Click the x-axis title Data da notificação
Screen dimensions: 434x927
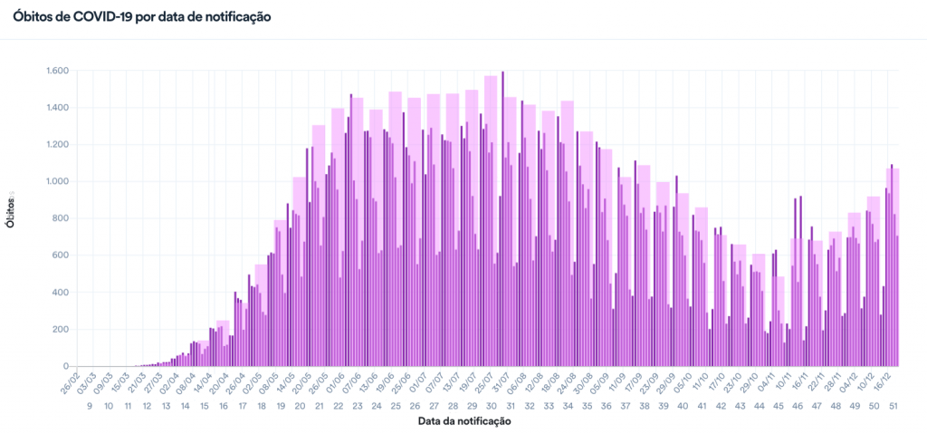(x=464, y=421)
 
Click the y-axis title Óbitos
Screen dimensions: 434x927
(x=10, y=210)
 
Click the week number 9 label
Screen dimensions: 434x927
(x=90, y=406)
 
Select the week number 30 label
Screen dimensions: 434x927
(x=491, y=406)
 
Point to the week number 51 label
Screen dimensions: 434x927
(x=893, y=406)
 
